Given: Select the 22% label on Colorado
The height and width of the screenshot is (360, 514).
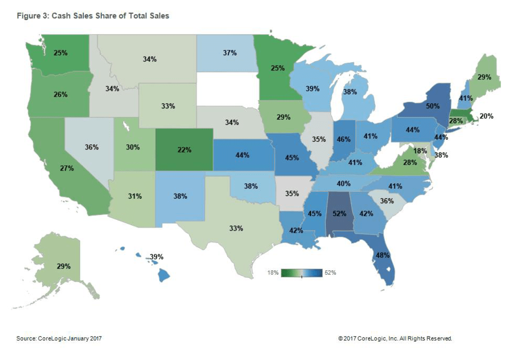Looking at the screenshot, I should pyautogui.click(x=185, y=150).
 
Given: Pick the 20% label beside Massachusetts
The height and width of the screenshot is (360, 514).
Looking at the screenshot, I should pyautogui.click(x=486, y=116).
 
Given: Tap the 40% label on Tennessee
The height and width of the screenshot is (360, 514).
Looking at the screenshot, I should pyautogui.click(x=343, y=183).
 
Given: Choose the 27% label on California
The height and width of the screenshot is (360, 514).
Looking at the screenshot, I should pyautogui.click(x=66, y=168).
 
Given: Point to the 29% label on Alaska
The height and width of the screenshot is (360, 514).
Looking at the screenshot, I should pyautogui.click(x=64, y=267).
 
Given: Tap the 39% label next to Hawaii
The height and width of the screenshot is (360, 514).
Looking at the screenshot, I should pyautogui.click(x=157, y=256).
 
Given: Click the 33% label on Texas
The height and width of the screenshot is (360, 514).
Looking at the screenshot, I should pyautogui.click(x=236, y=228).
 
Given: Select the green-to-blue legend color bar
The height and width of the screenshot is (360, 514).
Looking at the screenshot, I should pyautogui.click(x=301, y=273).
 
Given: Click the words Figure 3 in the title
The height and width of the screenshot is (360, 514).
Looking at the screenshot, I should pyautogui.click(x=32, y=16).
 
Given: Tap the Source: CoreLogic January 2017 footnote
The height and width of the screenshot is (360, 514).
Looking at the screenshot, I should pyautogui.click(x=63, y=338).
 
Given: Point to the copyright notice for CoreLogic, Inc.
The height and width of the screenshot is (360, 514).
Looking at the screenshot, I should pyautogui.click(x=395, y=338).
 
